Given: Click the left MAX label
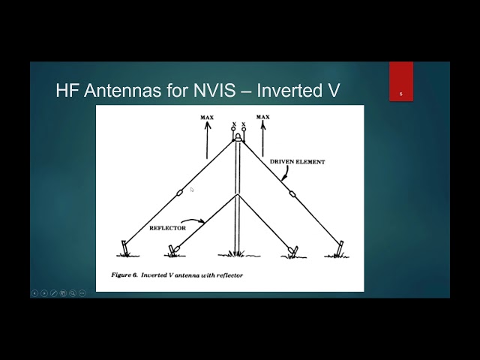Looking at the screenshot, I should point(208,118).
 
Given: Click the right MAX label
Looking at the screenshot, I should point(262,118).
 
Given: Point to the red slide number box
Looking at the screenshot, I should point(401,82).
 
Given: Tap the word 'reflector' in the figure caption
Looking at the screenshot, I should point(228,275).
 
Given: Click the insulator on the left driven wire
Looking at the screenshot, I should point(179,193).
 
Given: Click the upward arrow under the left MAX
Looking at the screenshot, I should point(208,139).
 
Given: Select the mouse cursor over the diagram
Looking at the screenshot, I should point(192,190).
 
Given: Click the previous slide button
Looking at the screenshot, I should point(34,293).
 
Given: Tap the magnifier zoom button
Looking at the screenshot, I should point(73,293).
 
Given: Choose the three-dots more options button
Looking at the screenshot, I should point(82,293).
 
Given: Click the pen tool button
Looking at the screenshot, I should point(53,293).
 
